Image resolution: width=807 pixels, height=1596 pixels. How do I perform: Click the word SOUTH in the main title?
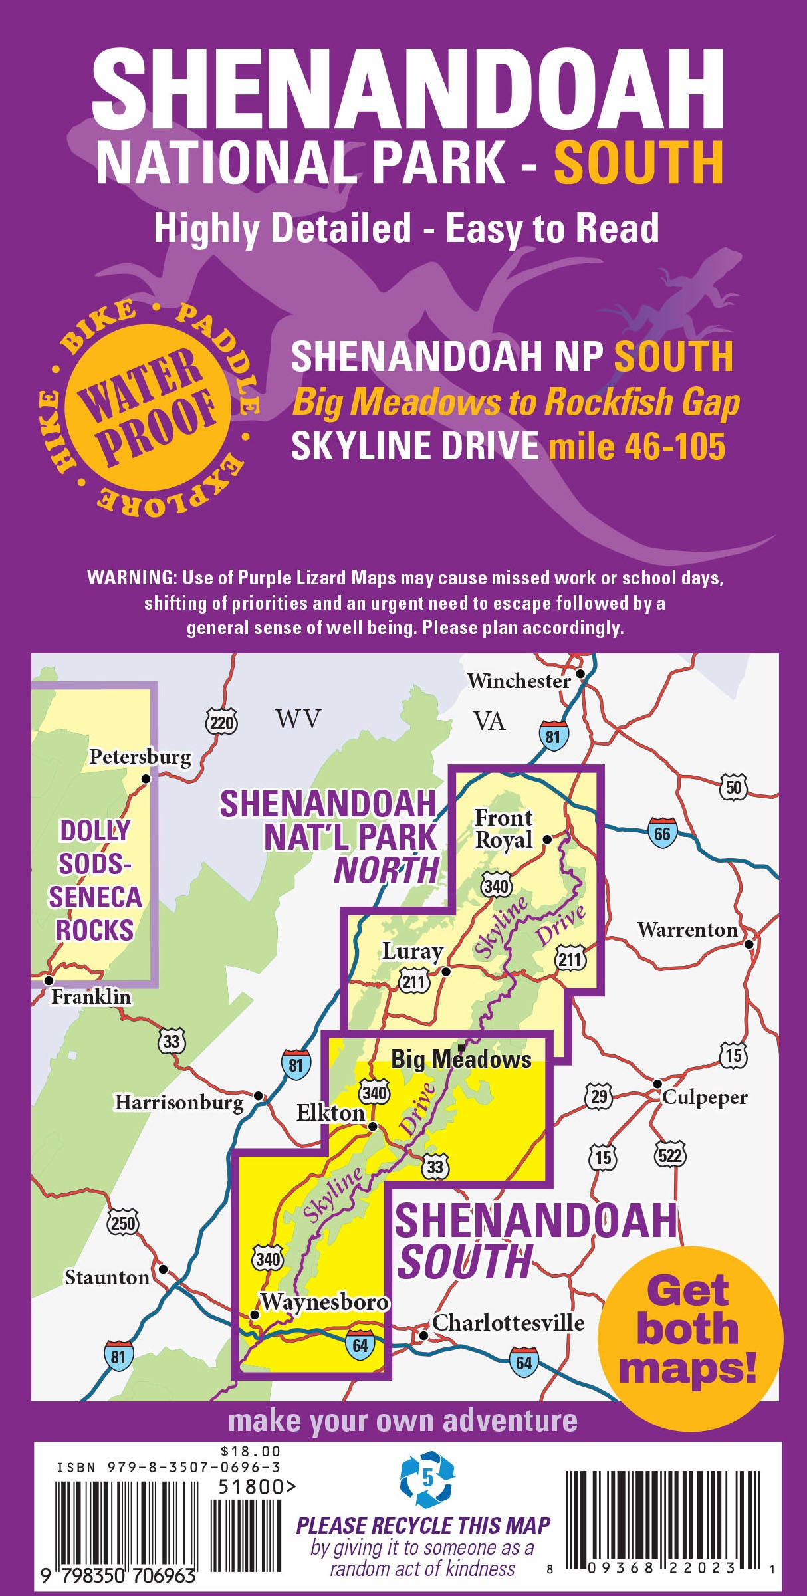(x=638, y=162)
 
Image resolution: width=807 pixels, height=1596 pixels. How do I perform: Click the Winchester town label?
(x=518, y=681)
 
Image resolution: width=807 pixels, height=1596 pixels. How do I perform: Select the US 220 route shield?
(x=221, y=722)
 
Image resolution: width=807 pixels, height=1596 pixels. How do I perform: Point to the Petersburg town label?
(x=140, y=757)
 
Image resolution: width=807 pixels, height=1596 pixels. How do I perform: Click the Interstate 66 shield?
(x=662, y=833)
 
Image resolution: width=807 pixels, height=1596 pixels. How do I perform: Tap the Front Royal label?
(x=503, y=828)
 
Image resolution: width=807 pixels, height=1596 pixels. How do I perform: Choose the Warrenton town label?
(x=687, y=929)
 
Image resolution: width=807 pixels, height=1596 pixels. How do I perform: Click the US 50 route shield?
(x=733, y=788)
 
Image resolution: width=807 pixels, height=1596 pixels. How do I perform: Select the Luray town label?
(x=412, y=951)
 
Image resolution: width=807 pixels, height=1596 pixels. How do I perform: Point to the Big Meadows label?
(x=461, y=1059)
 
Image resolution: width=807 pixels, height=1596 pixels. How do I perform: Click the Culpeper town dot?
(x=657, y=1083)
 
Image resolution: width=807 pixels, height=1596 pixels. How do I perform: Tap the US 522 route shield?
(x=669, y=1155)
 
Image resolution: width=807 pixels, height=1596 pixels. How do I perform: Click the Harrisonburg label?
(x=179, y=1103)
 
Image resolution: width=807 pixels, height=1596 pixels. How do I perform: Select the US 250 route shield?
(x=122, y=1223)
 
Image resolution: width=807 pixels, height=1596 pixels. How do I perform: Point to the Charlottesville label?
(x=508, y=1323)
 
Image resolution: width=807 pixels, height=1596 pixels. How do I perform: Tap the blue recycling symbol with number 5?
(x=427, y=1479)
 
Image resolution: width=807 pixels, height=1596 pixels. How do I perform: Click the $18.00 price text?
(x=251, y=1451)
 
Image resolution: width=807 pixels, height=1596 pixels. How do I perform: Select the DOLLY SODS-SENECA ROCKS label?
(x=94, y=880)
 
